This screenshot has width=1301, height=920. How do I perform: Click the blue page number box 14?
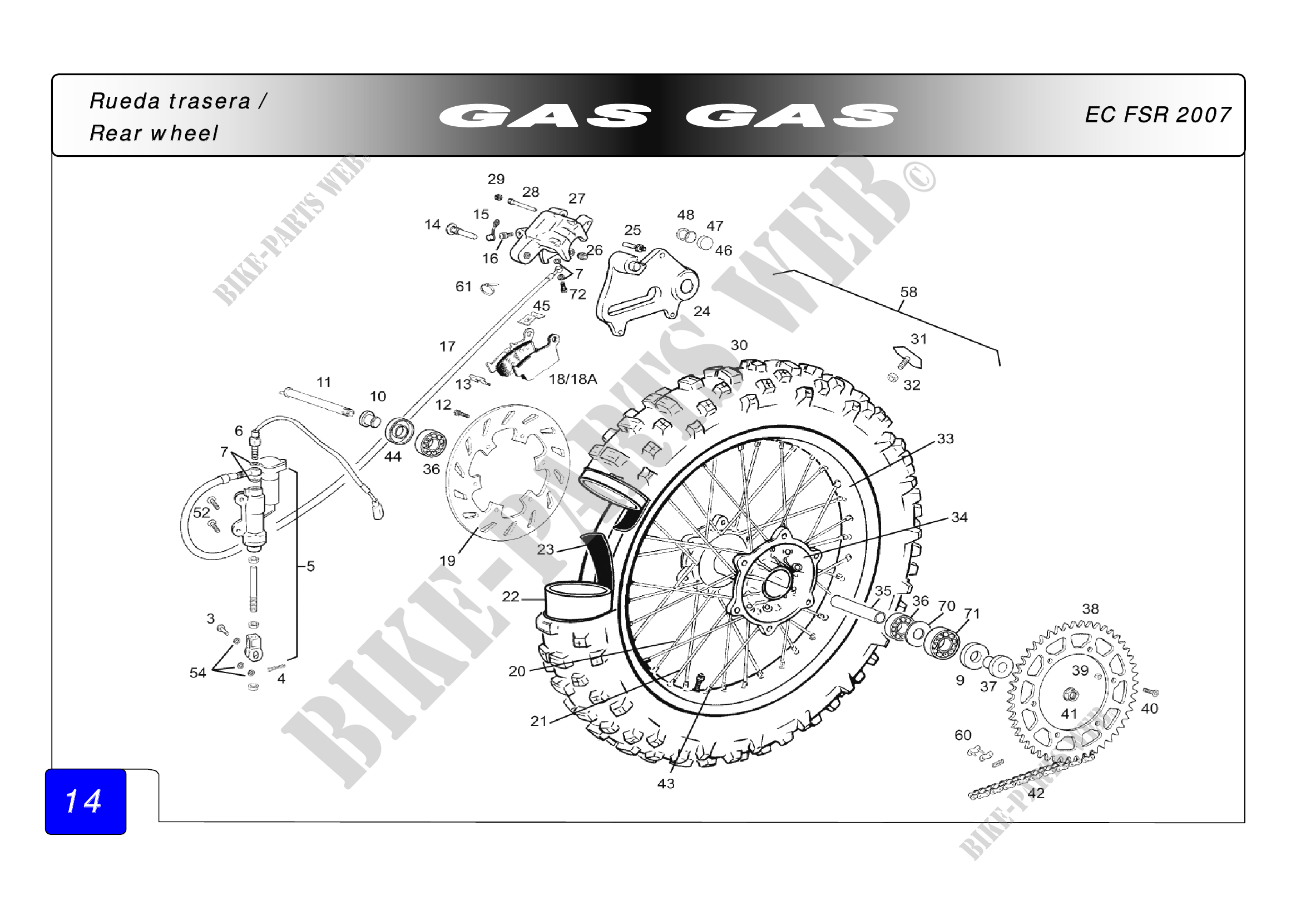click(85, 801)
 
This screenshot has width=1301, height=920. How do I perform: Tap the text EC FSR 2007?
click(1157, 115)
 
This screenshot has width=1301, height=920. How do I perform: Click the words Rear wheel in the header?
click(154, 133)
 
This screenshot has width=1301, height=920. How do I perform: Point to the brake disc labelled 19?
click(507, 471)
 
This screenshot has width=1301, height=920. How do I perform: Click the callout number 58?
click(908, 293)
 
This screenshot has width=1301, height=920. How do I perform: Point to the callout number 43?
click(666, 784)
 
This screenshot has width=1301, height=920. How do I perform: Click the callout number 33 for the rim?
click(945, 438)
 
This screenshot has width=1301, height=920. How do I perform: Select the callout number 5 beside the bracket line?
click(310, 566)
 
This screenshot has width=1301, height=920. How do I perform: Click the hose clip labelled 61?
click(489, 289)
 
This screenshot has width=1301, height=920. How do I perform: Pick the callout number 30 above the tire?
click(739, 345)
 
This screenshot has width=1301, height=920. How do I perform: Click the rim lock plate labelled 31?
click(908, 357)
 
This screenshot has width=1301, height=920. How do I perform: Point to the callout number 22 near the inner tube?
click(511, 596)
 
